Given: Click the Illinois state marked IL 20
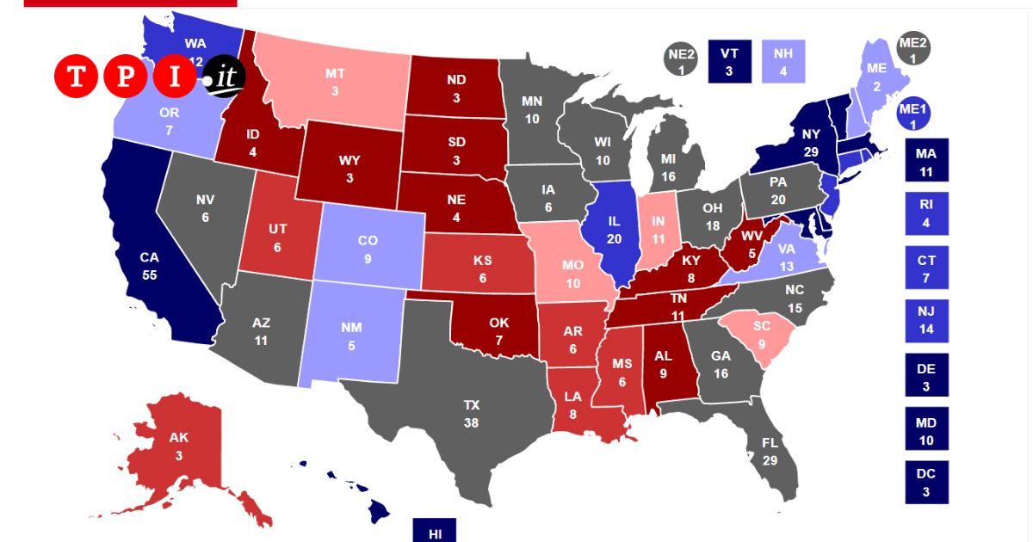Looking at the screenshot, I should tap(613, 228).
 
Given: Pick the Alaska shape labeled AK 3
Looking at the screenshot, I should tap(179, 443).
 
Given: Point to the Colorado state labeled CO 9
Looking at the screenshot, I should tap(368, 247).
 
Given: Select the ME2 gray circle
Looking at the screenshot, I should tap(912, 49).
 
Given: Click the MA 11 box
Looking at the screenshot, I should tap(925, 160).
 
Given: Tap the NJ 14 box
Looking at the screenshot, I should tap(925, 321).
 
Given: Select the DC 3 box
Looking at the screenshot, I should tap(925, 483).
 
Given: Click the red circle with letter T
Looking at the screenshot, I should tap(77, 77).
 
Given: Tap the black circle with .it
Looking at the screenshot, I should tap(225, 77).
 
